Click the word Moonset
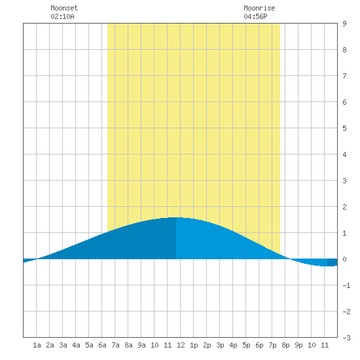pyautogui.click(x=64, y=8)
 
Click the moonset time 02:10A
pyautogui.click(x=62, y=16)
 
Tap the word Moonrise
pyautogui.click(x=259, y=8)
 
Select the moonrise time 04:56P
pyautogui.click(x=255, y=16)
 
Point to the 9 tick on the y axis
pyautogui.click(x=344, y=24)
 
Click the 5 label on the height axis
pyautogui.click(x=344, y=128)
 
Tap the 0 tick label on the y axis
pyautogui.click(x=344, y=259)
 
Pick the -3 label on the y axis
pyautogui.click(x=346, y=338)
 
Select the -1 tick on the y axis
pyautogui.click(x=346, y=285)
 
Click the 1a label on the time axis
pyautogui.click(x=37, y=345)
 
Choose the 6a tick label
pyautogui.click(x=102, y=345)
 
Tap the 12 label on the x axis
pyautogui.click(x=181, y=345)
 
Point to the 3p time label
pyautogui.click(x=220, y=345)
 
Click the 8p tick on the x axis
pyautogui.click(x=285, y=345)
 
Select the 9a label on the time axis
pyautogui.click(x=141, y=345)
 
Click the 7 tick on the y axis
pyautogui.click(x=344, y=76)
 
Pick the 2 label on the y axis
pyautogui.click(x=344, y=207)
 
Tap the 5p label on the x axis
pyautogui.click(x=246, y=345)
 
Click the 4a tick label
pyautogui.click(x=76, y=345)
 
